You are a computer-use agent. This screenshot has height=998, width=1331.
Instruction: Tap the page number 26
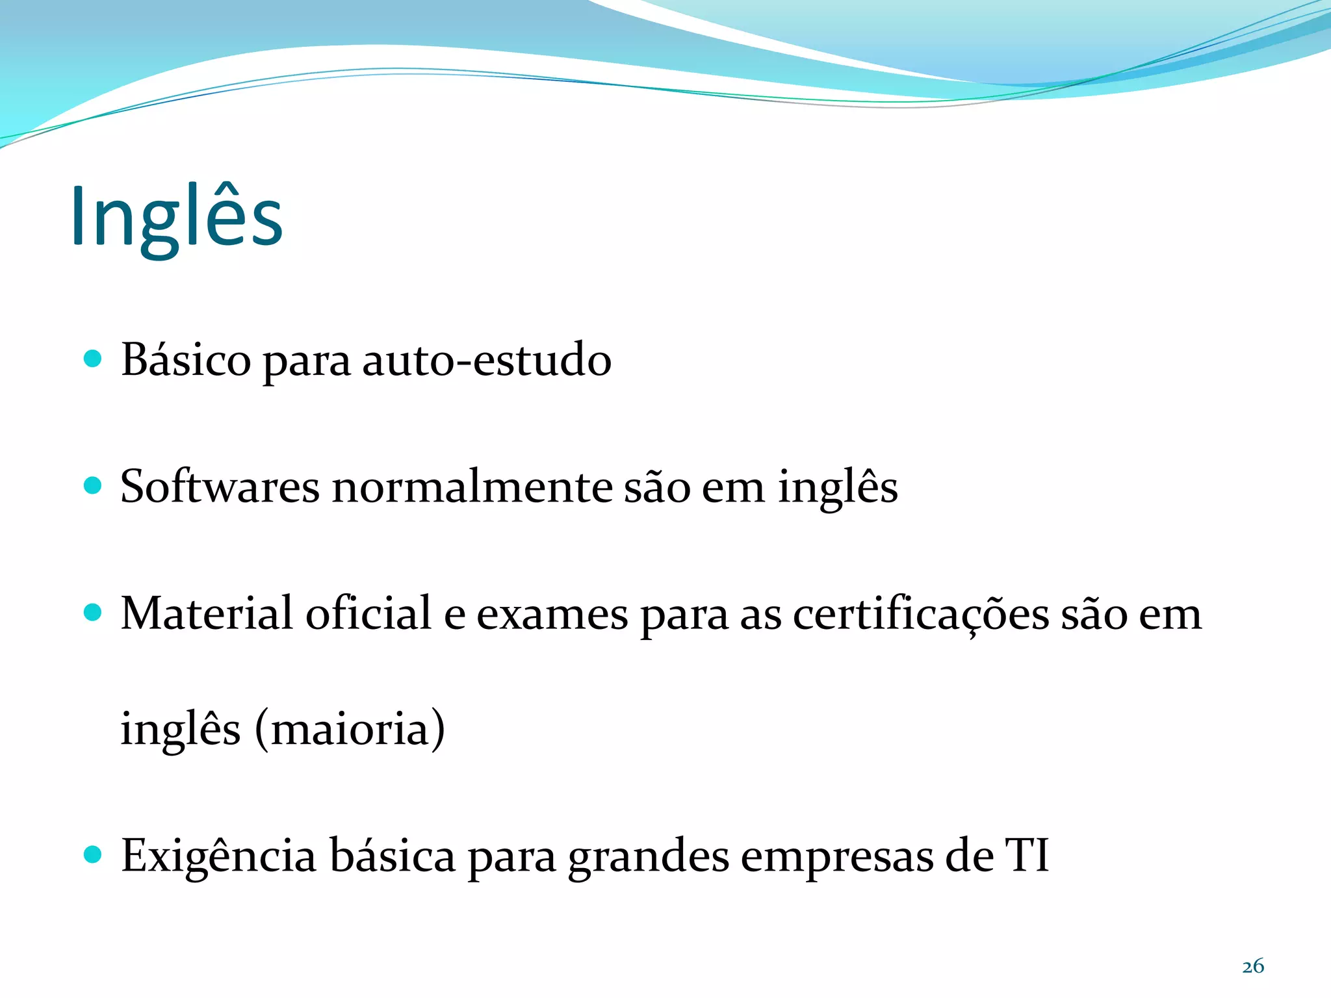pos(1253,966)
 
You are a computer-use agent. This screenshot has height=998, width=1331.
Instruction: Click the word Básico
pos(186,360)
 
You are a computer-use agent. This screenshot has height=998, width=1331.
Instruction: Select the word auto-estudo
pos(486,360)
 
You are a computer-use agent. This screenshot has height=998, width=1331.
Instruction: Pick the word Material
pos(207,614)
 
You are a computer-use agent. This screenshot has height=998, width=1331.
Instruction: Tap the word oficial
pos(368,614)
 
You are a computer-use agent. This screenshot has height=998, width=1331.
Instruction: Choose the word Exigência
pos(218,856)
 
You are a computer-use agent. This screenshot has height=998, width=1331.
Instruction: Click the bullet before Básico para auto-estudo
pos(94,359)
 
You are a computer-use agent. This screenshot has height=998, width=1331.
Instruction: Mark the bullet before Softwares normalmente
pos(94,485)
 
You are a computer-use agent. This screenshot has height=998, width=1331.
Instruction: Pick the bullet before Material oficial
pos(94,612)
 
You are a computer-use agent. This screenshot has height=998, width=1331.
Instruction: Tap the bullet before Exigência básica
pos(94,854)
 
